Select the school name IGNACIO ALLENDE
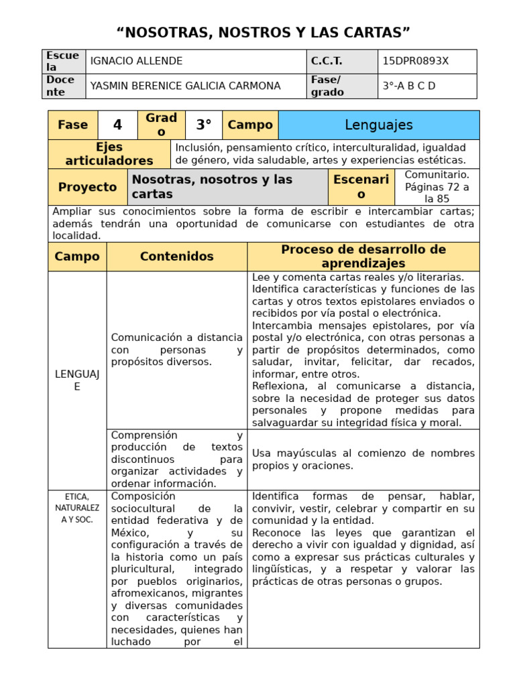[x=136, y=61]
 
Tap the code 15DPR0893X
[x=415, y=61]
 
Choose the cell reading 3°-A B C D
[x=408, y=86]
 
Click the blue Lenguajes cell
[x=378, y=125]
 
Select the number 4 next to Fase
[x=117, y=125]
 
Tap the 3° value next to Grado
[x=203, y=125]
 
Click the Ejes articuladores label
[x=109, y=154]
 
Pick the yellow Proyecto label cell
[x=87, y=187]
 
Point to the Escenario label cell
[x=361, y=187]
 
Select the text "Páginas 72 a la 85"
[x=437, y=193]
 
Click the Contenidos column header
[x=176, y=257]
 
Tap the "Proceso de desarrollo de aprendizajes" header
[x=363, y=257]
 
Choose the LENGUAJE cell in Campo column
[x=76, y=380]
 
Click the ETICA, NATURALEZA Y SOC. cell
[x=76, y=508]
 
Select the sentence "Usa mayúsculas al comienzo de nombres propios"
[x=363, y=459]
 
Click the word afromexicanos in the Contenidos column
[x=140, y=593]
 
